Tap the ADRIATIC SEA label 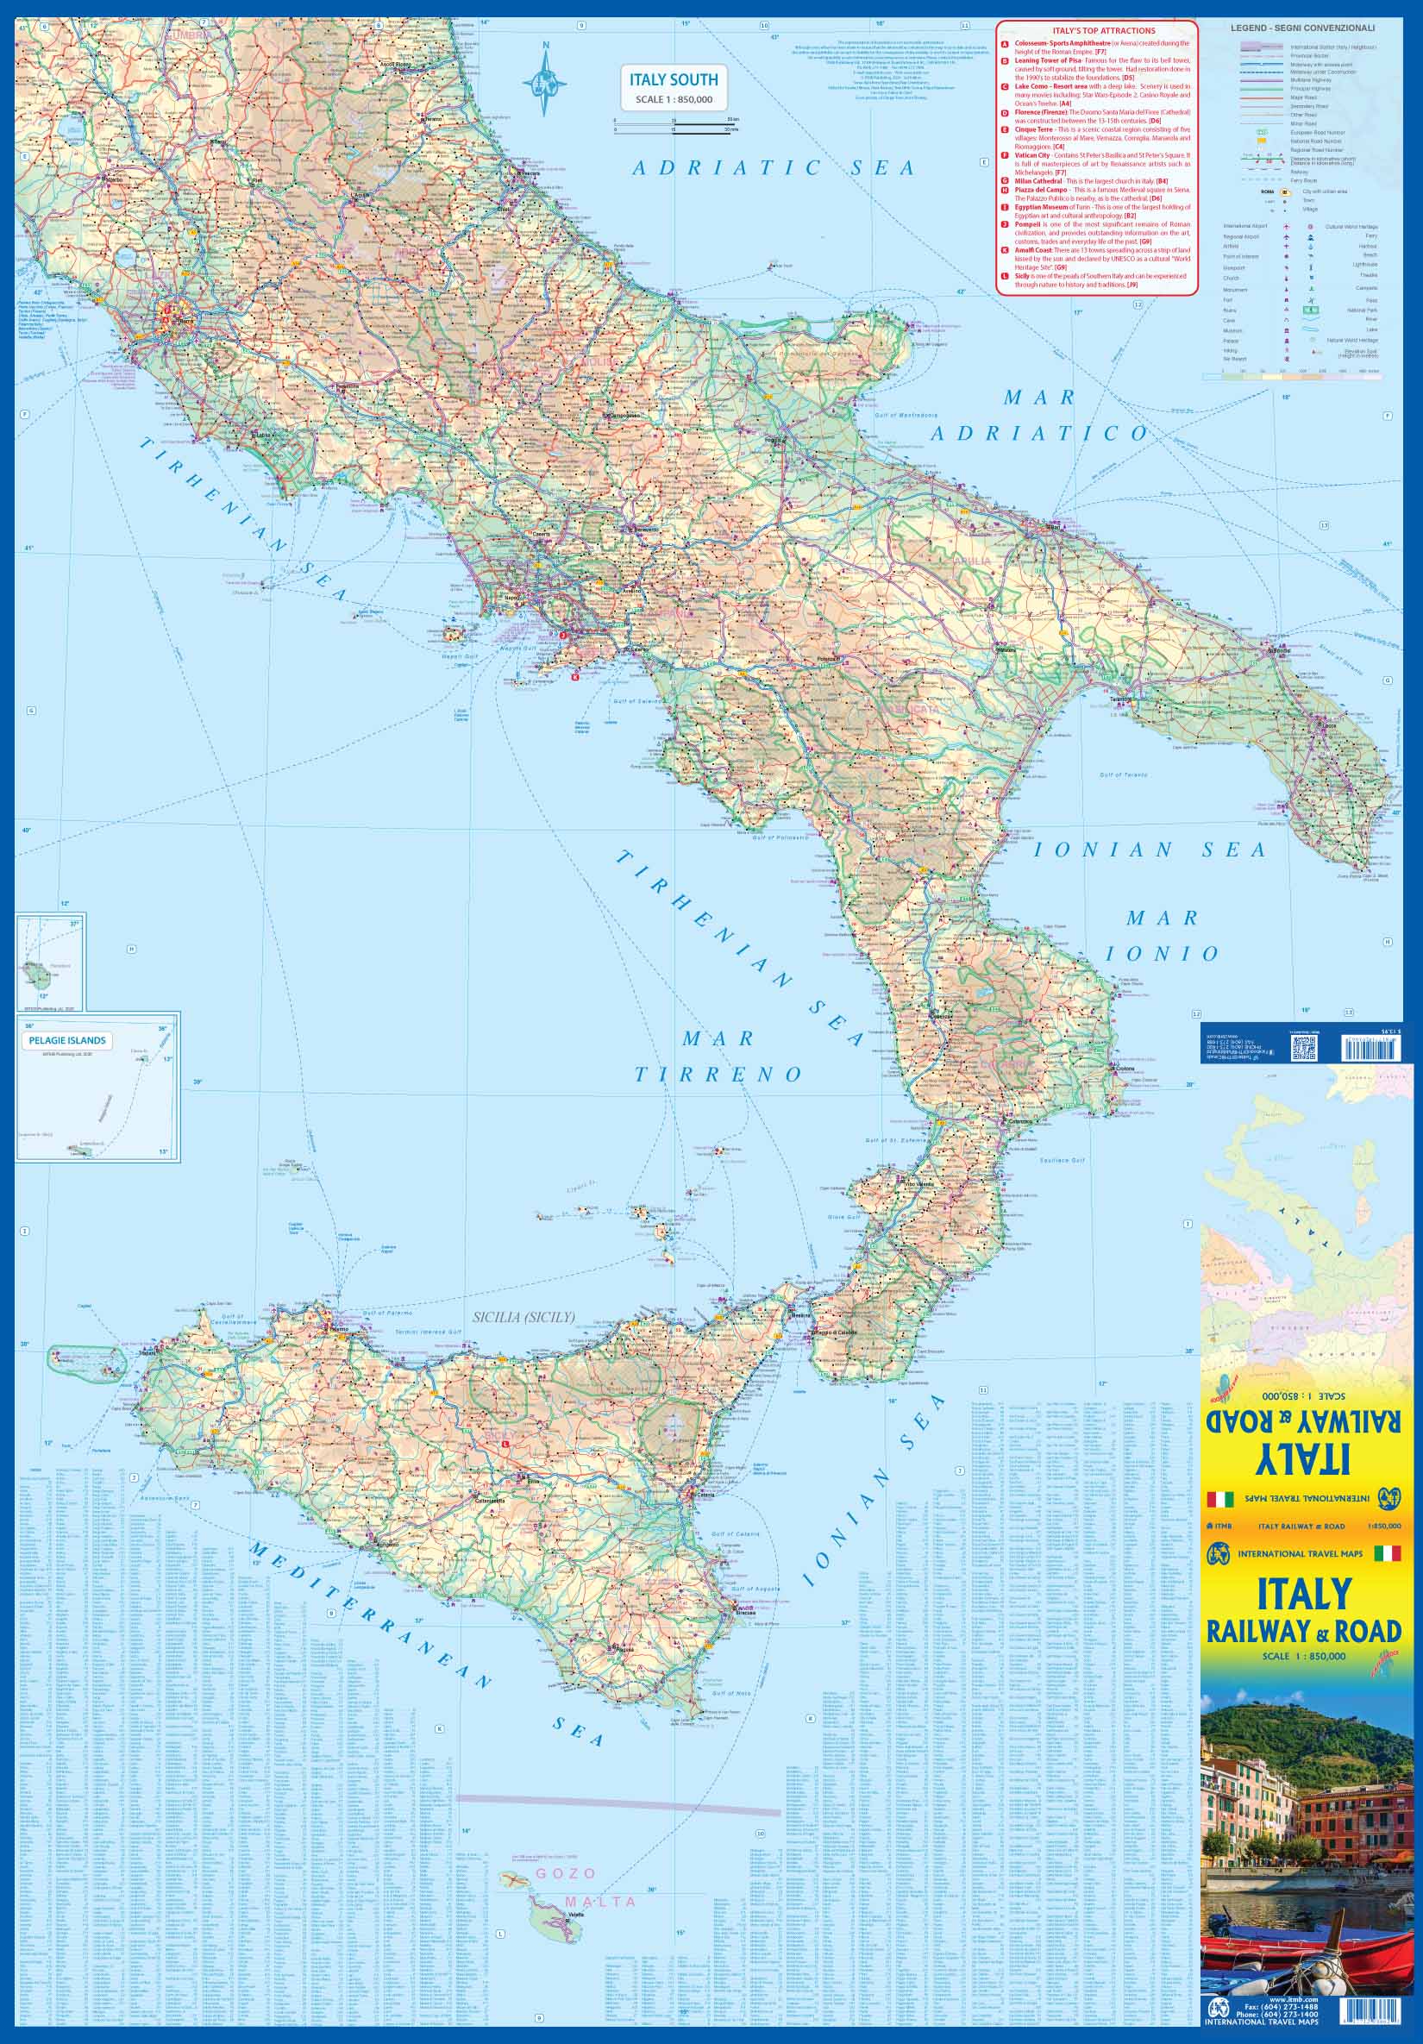point(773,167)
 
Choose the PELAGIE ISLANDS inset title point(67,1040)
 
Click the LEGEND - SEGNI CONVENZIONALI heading point(1303,29)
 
